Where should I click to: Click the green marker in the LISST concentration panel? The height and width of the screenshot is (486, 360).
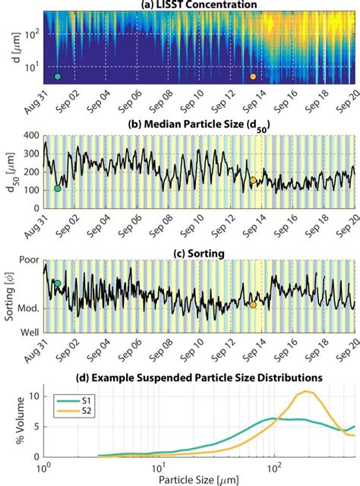point(58,77)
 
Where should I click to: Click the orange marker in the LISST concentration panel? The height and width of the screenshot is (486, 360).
point(254,77)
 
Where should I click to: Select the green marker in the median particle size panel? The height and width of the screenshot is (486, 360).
point(58,188)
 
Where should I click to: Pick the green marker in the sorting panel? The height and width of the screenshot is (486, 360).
point(58,283)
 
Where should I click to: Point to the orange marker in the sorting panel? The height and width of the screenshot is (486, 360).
point(254,305)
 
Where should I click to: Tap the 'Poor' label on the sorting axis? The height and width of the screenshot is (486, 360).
point(28,258)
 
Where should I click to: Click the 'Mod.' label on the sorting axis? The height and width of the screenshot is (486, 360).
point(27,308)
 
